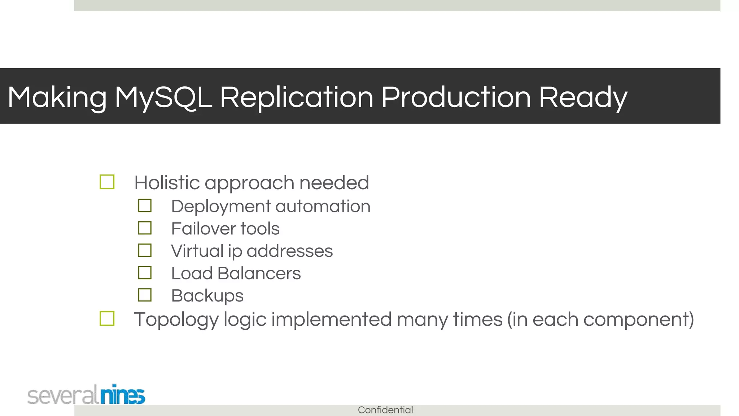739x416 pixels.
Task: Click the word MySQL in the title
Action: pos(163,97)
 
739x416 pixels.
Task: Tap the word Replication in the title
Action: pos(296,97)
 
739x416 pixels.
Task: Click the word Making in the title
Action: pos(57,97)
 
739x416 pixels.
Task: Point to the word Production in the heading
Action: pos(456,97)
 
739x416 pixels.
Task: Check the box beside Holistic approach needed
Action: pos(107,182)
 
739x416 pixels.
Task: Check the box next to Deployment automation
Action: pos(145,206)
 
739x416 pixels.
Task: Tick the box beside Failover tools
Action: pos(145,228)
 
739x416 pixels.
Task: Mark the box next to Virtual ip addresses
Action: pos(145,250)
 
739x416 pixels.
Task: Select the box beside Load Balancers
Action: pos(145,273)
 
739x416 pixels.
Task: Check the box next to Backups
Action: pos(145,295)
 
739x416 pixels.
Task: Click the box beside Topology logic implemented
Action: pos(107,318)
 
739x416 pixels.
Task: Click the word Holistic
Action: pos(167,182)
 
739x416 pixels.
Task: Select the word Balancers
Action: pos(259,273)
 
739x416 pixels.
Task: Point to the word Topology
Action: pos(176,320)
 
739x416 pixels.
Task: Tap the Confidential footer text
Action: pos(385,410)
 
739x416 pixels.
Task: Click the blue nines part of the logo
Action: pos(122,395)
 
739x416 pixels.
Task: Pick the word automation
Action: pos(323,207)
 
